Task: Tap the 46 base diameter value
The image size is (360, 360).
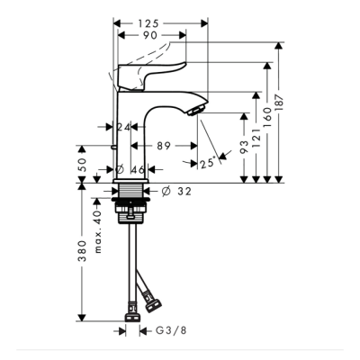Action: coord(138,169)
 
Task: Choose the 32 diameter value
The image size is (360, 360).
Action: coord(183,191)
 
